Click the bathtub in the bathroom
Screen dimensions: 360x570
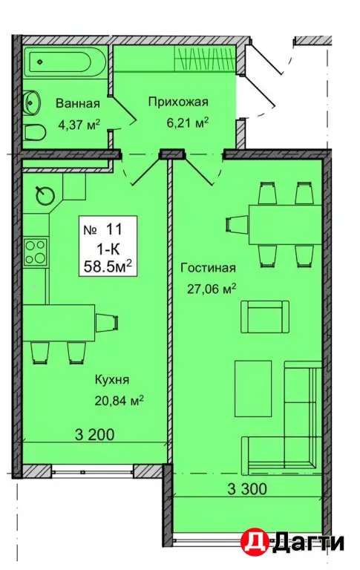(61, 62)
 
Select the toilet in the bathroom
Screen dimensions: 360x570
(35, 133)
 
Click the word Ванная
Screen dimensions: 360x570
(77, 103)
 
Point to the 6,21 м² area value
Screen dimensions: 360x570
(187, 123)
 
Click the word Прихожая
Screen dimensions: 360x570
(178, 102)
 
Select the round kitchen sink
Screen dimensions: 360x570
(45, 196)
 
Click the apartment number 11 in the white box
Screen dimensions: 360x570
(114, 229)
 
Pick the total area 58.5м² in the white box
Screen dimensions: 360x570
(108, 266)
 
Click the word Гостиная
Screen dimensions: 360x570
(209, 268)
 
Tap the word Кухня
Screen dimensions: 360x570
(112, 380)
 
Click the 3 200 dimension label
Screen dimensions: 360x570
(94, 434)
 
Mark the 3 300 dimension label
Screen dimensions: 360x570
(247, 489)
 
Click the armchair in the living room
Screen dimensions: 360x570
(265, 317)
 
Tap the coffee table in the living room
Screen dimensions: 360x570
(253, 388)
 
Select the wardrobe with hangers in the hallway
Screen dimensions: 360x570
(205, 58)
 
